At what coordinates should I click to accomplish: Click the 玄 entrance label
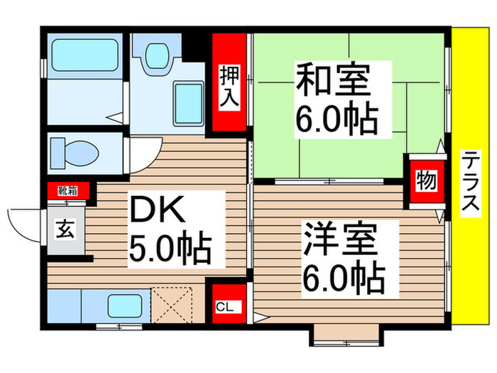tap(65, 232)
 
